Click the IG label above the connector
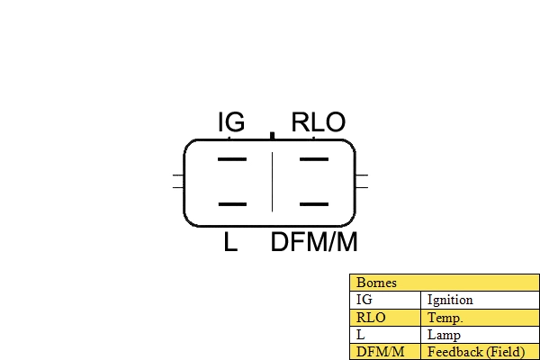[231, 122]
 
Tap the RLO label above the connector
[319, 122]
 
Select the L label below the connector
[231, 242]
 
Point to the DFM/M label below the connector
[314, 242]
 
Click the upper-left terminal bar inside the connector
[232, 160]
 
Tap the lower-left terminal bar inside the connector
[232, 204]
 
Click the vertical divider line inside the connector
[272, 183]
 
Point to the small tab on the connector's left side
[177, 181]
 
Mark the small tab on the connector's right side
[362, 181]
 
